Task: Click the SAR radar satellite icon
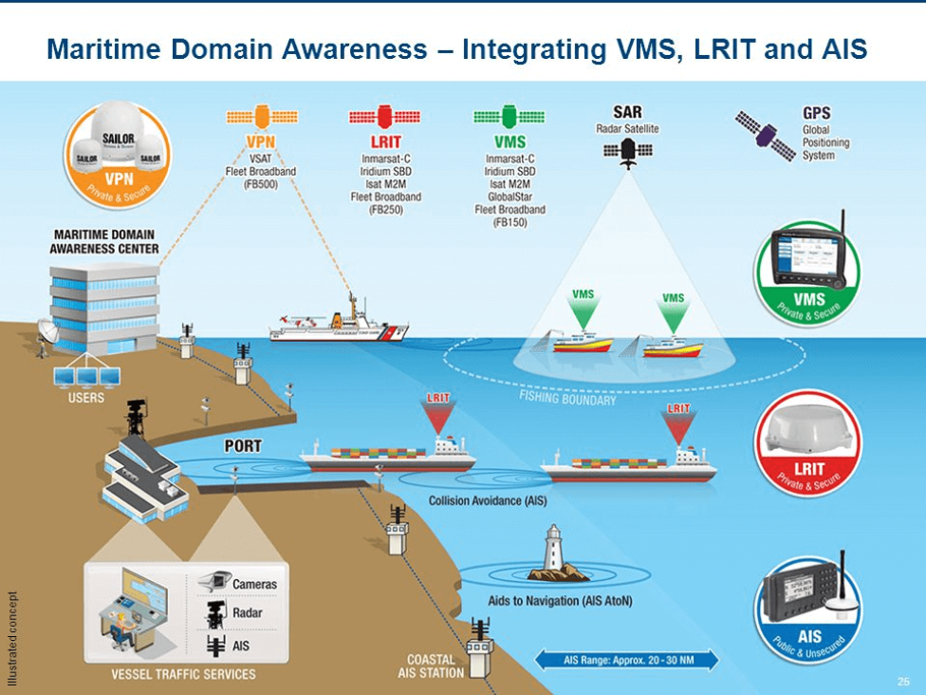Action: click(628, 151)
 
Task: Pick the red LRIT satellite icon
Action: click(384, 118)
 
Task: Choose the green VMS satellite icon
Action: click(509, 118)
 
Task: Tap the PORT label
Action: click(244, 445)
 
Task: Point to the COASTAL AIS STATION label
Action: click(431, 666)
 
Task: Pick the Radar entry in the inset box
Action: click(247, 613)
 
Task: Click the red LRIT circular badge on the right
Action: click(806, 442)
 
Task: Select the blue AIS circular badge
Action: click(808, 607)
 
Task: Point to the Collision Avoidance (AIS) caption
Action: click(488, 499)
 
